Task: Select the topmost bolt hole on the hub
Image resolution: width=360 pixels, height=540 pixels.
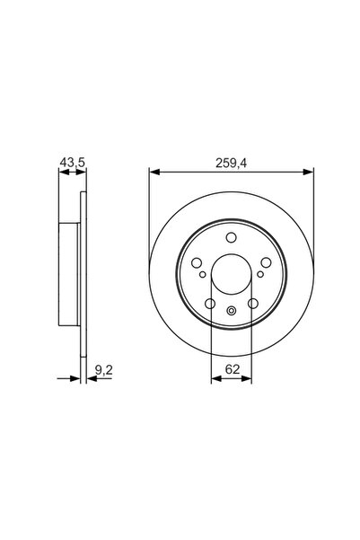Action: (231, 238)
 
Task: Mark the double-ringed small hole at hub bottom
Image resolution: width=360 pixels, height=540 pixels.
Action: (231, 312)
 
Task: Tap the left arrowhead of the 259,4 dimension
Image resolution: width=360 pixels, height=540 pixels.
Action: (152, 172)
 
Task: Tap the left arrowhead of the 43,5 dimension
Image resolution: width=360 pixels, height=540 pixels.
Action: (61, 172)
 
